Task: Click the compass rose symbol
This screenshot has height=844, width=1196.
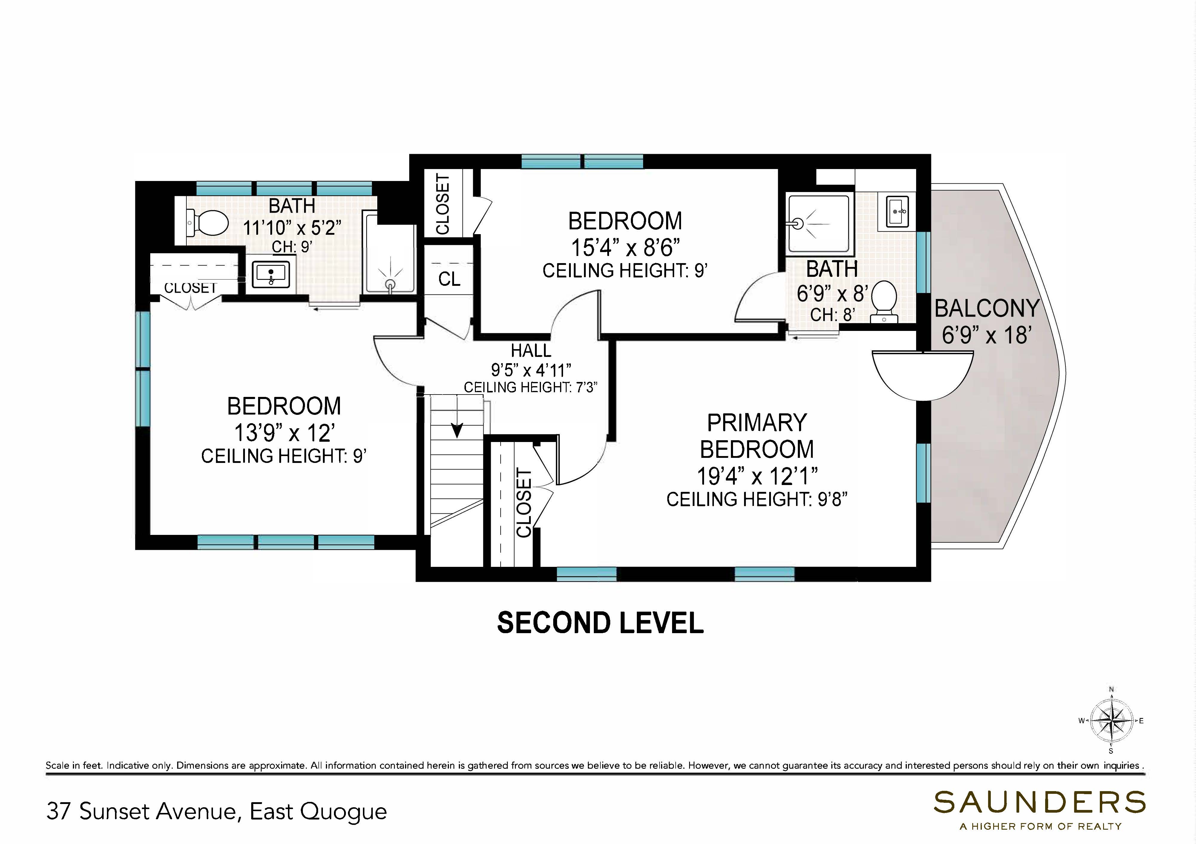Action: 1111,721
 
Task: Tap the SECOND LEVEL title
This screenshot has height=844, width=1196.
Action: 600,623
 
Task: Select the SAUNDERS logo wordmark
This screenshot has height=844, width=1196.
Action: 1039,802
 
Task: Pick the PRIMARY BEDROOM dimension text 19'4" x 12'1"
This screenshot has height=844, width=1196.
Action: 757,476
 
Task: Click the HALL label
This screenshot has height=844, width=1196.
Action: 531,350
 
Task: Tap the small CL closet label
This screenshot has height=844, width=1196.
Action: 449,279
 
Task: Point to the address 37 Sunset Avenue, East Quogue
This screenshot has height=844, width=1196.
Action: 217,811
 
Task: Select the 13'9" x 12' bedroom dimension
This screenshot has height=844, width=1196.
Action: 284,433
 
